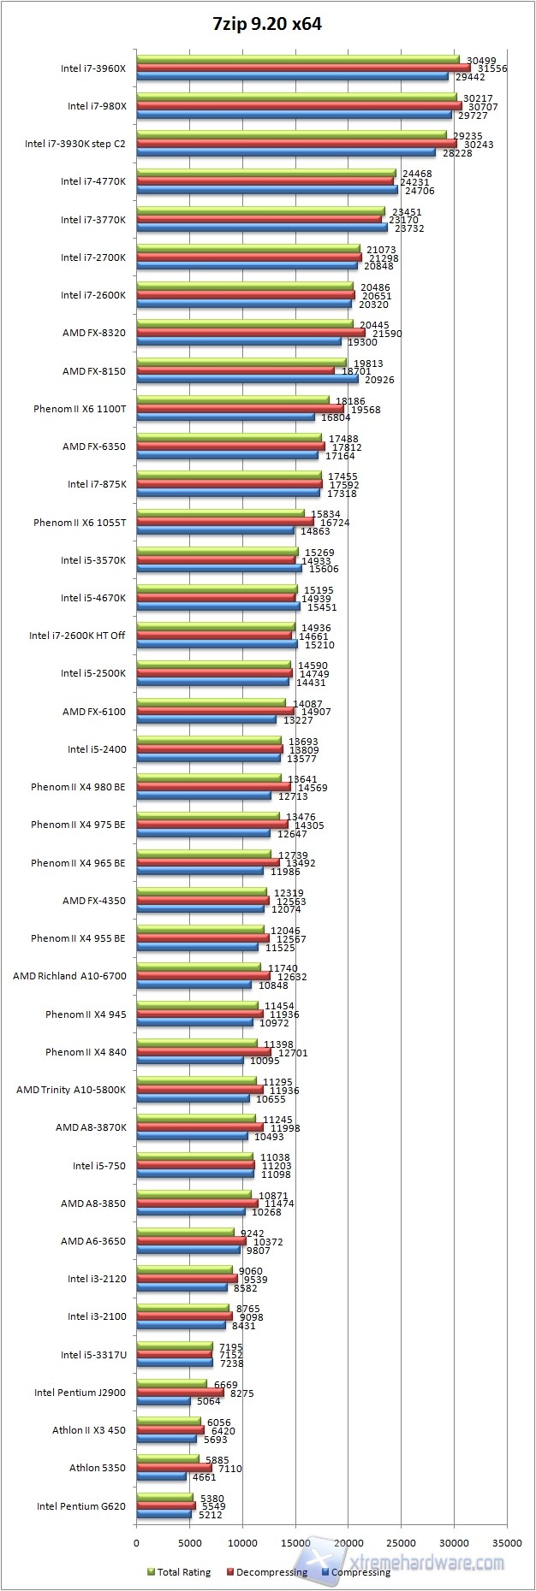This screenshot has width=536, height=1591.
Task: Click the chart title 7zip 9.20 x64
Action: (267, 24)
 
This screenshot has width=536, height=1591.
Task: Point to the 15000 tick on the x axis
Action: (295, 1543)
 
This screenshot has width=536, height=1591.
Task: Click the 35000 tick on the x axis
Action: (507, 1543)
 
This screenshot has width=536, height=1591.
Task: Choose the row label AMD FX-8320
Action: (94, 333)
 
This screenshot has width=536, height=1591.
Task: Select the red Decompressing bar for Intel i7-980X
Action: (299, 107)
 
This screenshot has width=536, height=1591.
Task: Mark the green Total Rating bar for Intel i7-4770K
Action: (265, 174)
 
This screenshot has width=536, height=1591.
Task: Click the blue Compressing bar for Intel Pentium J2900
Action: (164, 1401)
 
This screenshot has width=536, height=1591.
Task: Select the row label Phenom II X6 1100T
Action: (80, 409)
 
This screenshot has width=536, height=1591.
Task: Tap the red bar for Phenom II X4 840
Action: (204, 1052)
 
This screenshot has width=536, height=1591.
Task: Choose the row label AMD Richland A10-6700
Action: (69, 976)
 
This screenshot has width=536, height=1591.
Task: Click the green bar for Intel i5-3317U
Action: (175, 1346)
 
